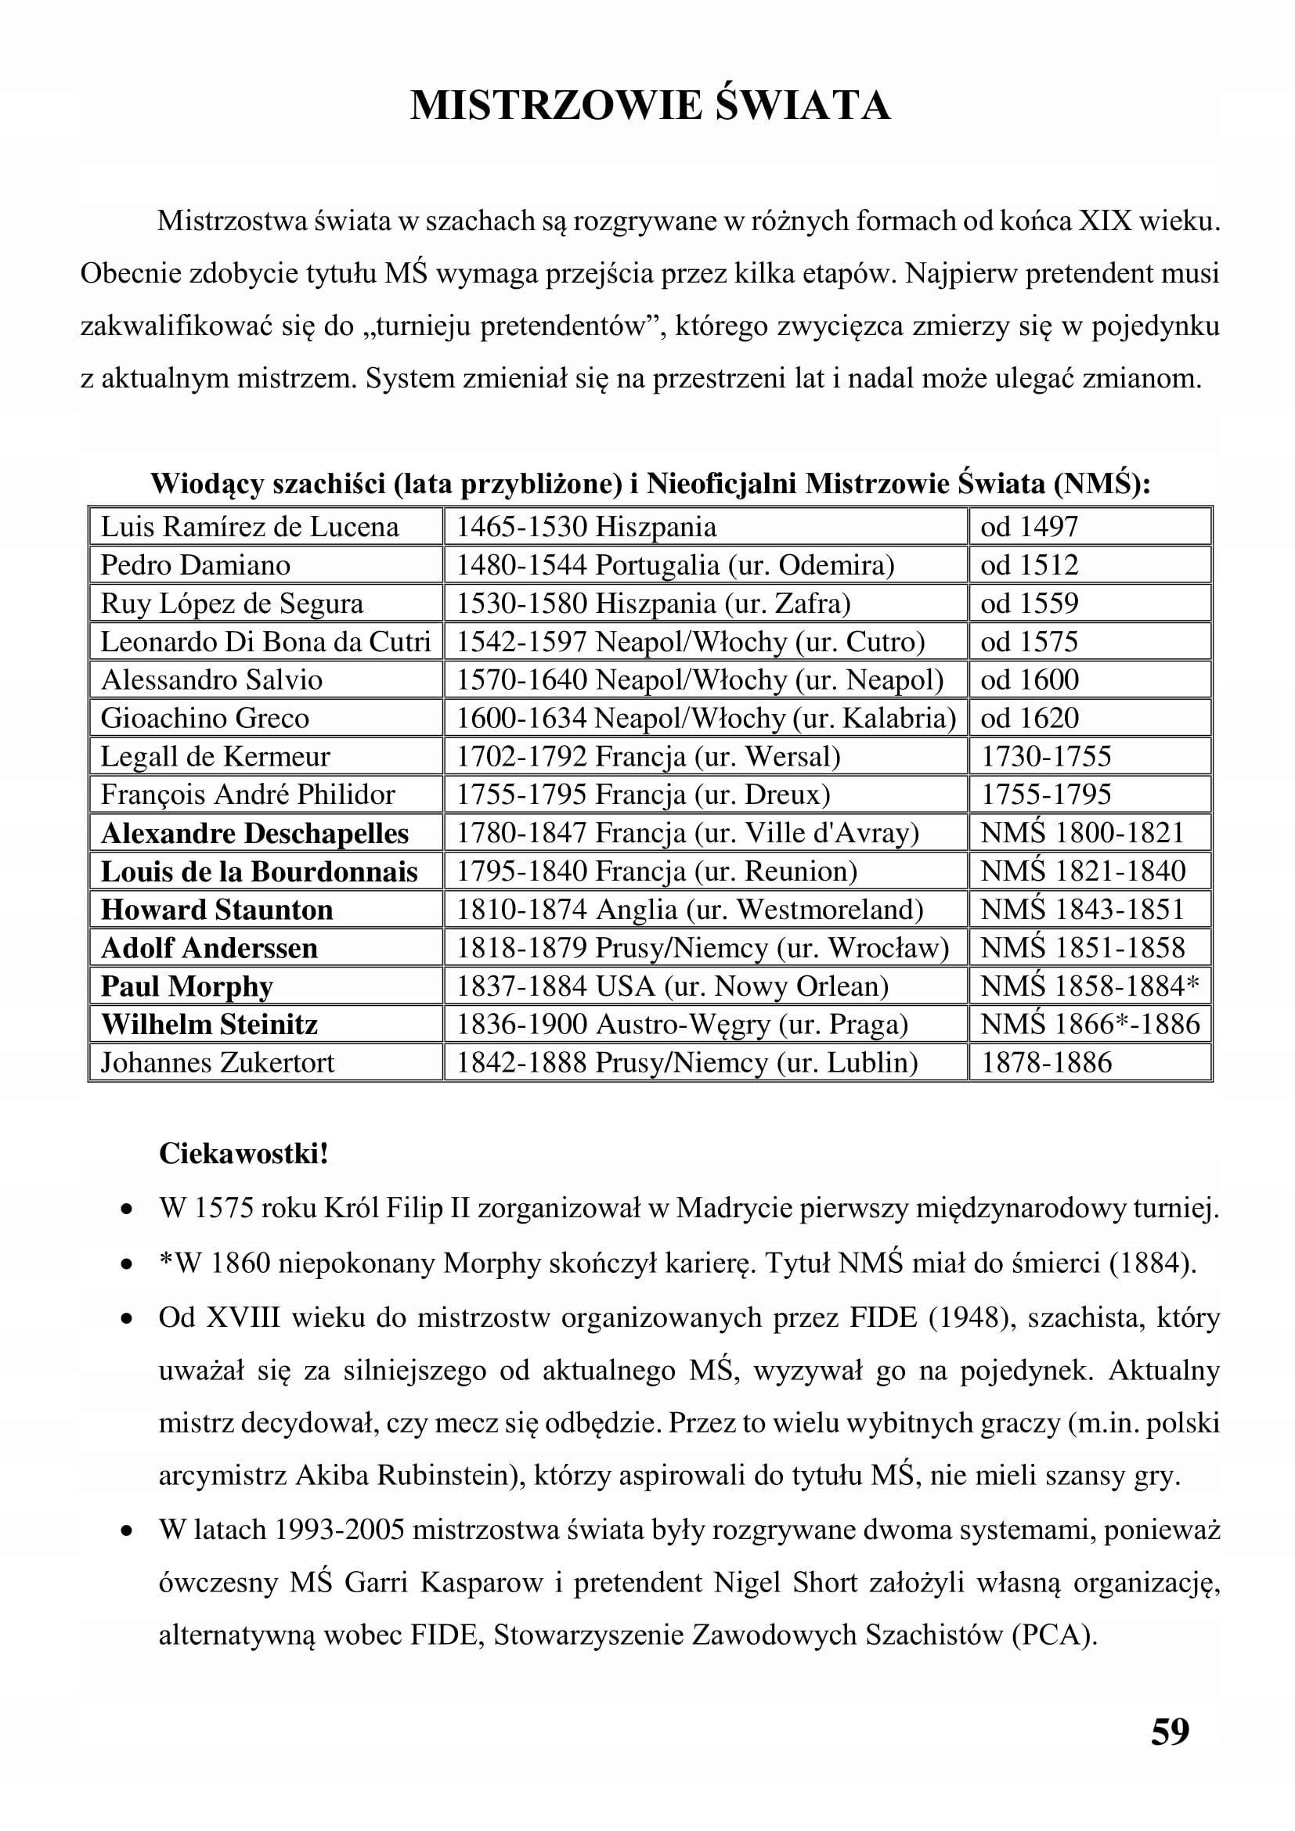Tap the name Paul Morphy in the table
tap(186, 986)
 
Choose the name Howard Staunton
tap(217, 910)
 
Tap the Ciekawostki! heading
tap(243, 1154)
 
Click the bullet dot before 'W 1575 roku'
tap(126, 1210)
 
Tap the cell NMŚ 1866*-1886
tap(1089, 1024)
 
